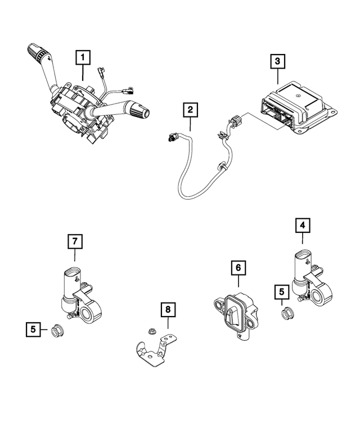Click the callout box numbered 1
click(83, 57)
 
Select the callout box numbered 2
click(191, 110)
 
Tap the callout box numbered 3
click(277, 61)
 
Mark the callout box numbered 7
click(75, 242)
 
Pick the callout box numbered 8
click(167, 309)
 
